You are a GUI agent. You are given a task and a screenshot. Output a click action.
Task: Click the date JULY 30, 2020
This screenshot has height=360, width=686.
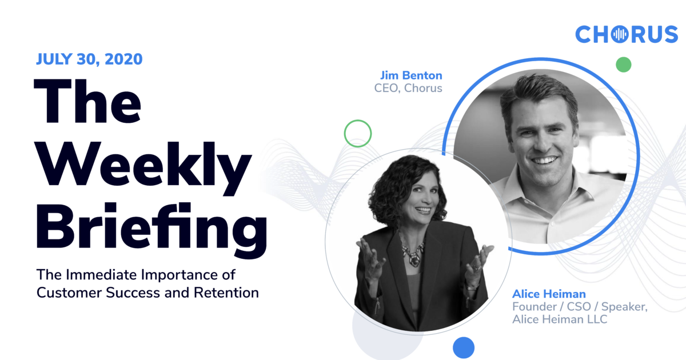[x=89, y=59]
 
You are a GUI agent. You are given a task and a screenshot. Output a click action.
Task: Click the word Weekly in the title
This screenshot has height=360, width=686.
[x=143, y=162]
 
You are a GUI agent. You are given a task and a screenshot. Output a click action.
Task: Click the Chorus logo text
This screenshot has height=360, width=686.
[x=626, y=35]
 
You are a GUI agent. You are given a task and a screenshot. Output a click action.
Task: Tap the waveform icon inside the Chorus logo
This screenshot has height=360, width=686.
[x=619, y=35]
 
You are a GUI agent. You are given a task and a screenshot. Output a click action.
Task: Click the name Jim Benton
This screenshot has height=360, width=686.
[x=411, y=75]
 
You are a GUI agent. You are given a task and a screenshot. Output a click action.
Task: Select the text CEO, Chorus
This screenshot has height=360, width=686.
[x=408, y=89]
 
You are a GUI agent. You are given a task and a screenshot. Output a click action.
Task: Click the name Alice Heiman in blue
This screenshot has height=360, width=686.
[x=549, y=294]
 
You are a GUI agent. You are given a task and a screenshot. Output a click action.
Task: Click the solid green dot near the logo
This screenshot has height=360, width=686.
[x=623, y=64]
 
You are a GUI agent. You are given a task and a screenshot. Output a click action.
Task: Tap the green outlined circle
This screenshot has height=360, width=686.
[x=358, y=134]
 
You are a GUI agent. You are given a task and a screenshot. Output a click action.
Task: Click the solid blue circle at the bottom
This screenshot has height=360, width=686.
[x=464, y=347]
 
